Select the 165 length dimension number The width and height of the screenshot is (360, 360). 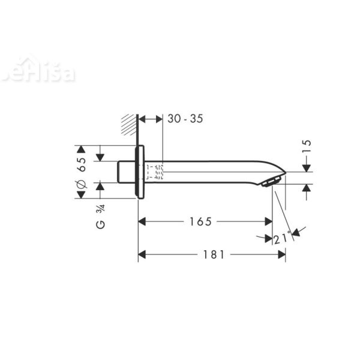pos(200,221)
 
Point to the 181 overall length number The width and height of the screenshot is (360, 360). pos(213,254)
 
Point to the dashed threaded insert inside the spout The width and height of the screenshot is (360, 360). pos(155,172)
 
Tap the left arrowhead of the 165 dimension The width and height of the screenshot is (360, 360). pos(143,221)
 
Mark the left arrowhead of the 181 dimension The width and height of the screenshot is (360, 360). pos(143,254)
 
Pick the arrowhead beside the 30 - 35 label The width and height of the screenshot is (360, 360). pos(158,119)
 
